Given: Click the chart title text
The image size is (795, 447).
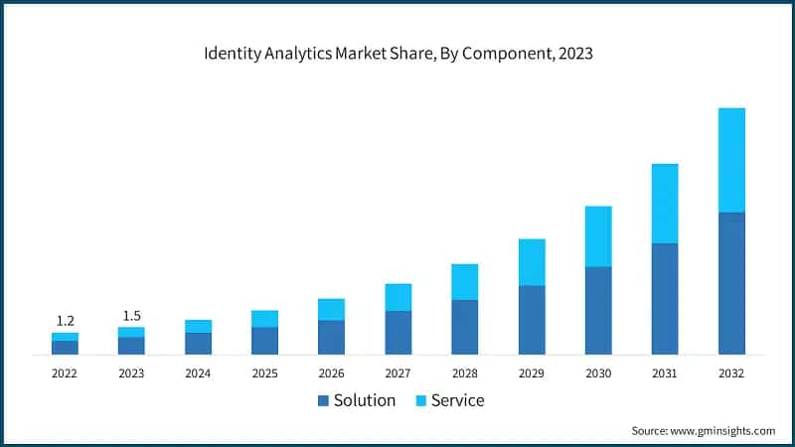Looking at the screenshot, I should pyautogui.click(x=397, y=54).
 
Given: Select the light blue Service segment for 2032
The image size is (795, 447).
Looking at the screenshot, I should pyautogui.click(x=731, y=160).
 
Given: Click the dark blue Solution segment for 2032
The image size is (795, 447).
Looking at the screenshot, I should pyautogui.click(x=731, y=283).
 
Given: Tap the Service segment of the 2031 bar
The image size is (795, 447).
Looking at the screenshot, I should pyautogui.click(x=665, y=204).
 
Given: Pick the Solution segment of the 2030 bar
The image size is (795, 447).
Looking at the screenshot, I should pyautogui.click(x=598, y=310).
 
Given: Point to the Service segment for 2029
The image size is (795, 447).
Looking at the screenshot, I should pyautogui.click(x=532, y=262).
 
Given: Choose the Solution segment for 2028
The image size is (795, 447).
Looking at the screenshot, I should pyautogui.click(x=465, y=327).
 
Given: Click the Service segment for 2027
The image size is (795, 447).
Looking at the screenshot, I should pyautogui.click(x=398, y=297).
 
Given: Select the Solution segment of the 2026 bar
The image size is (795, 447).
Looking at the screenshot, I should pyautogui.click(x=331, y=337).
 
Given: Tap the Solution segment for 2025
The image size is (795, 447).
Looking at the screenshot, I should pyautogui.click(x=264, y=341).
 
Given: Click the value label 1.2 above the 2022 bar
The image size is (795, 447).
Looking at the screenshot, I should pyautogui.click(x=65, y=321).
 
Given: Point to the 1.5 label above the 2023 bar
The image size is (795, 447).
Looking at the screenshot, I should pyautogui.click(x=131, y=316).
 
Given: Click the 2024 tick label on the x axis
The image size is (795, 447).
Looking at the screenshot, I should pyautogui.click(x=198, y=373).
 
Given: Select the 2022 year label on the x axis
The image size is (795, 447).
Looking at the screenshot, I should pyautogui.click(x=65, y=373).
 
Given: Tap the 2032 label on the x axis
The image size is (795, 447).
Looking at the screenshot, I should pyautogui.click(x=731, y=373).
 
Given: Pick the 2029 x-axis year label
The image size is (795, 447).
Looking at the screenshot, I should pyautogui.click(x=532, y=373).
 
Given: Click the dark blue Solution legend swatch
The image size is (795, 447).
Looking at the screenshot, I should pyautogui.click(x=323, y=401).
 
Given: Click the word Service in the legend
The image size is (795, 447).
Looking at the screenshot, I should pyautogui.click(x=457, y=400).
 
